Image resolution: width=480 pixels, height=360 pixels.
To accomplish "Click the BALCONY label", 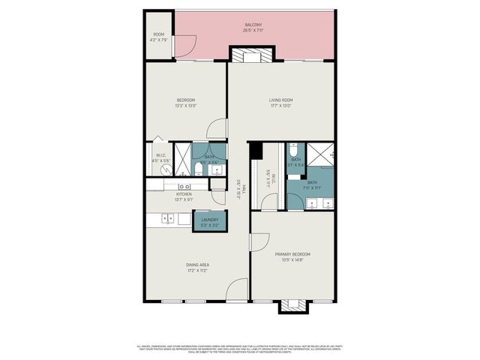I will [x=253, y=25].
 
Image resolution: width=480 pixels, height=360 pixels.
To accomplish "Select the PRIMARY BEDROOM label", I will [x=292, y=254].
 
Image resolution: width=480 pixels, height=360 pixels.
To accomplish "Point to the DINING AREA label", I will [x=198, y=265].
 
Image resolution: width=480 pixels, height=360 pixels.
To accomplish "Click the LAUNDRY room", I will [x=209, y=220].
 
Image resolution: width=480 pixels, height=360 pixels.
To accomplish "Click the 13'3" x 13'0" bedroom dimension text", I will [x=185, y=106].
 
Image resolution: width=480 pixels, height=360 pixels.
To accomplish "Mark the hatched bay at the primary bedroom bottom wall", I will [x=293, y=305].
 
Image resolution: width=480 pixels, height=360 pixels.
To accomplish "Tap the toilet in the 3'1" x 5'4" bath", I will [x=293, y=148].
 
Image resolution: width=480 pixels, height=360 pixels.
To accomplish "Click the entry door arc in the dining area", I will [x=238, y=289].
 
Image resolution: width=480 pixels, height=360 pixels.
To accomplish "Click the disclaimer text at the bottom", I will [x=240, y=349].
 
